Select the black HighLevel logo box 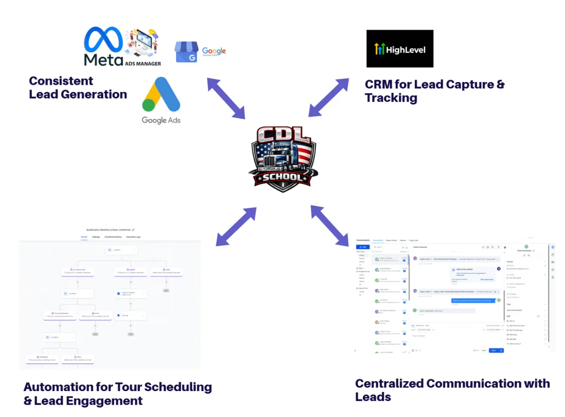pos(400,49)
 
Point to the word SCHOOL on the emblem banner pos(282,178)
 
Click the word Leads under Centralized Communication pos(373,397)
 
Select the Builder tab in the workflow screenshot pos(84,237)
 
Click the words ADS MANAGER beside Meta pos(143,63)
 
